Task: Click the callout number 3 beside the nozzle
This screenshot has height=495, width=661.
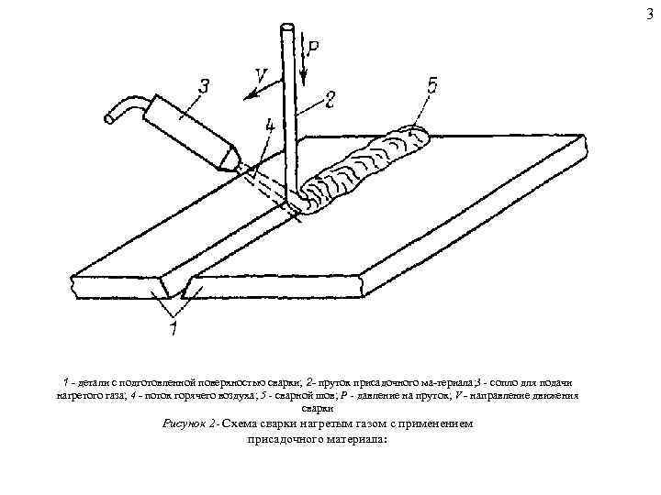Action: pyautogui.click(x=203, y=89)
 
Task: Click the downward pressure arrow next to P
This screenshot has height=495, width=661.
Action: pyautogui.click(x=304, y=62)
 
